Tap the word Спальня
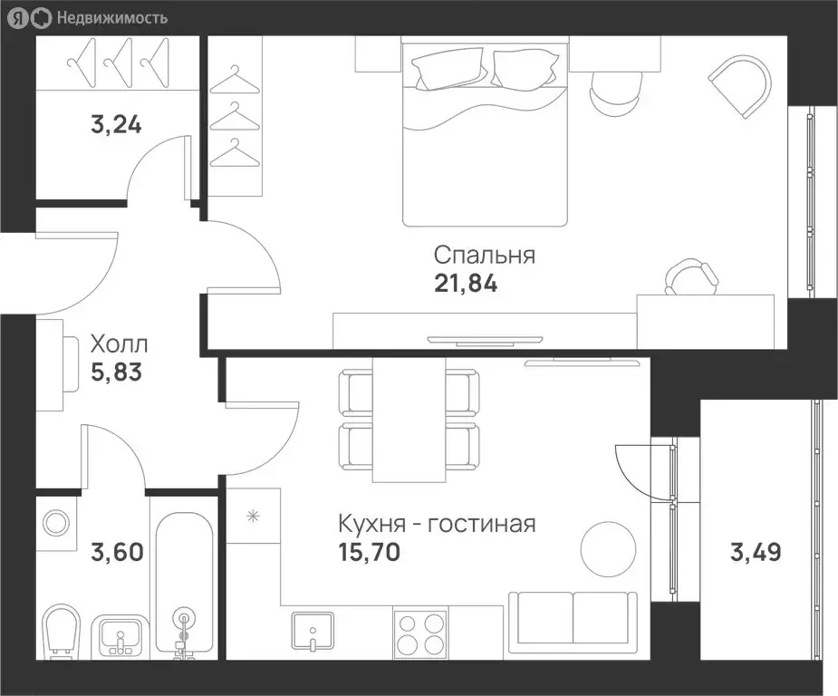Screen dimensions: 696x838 (x=484, y=255)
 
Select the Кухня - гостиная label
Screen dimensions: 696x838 (x=436, y=524)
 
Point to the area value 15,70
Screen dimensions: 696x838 (x=369, y=550)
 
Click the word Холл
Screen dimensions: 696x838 (x=119, y=344)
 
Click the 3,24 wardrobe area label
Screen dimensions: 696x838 (x=116, y=124)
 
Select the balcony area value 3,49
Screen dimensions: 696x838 (x=755, y=550)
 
